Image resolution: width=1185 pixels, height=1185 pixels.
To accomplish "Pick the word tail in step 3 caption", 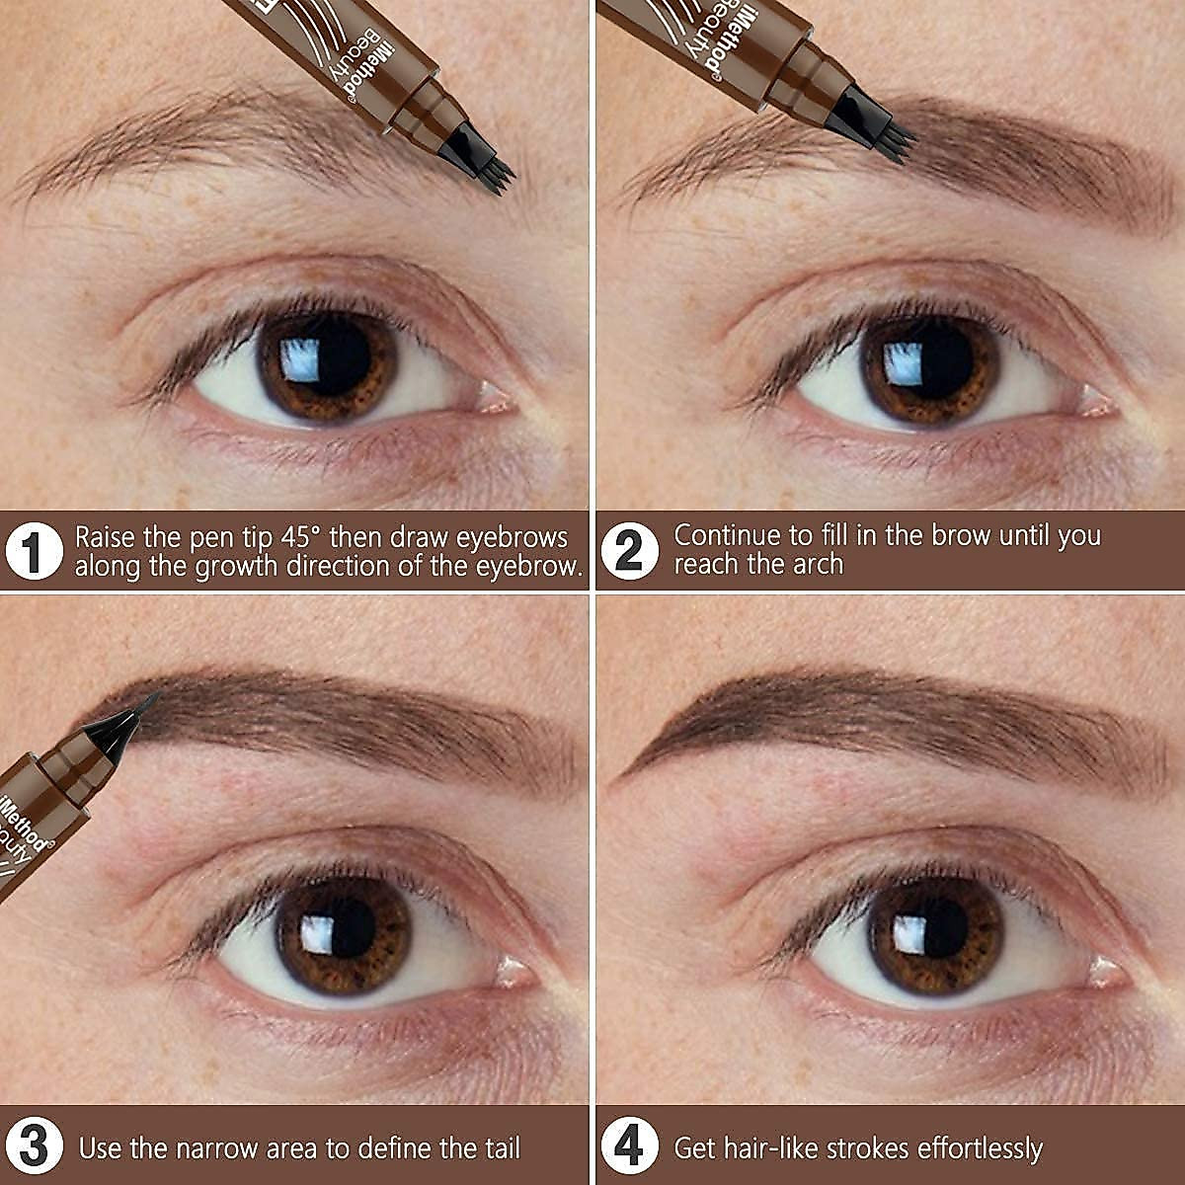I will tap(493, 1148).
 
